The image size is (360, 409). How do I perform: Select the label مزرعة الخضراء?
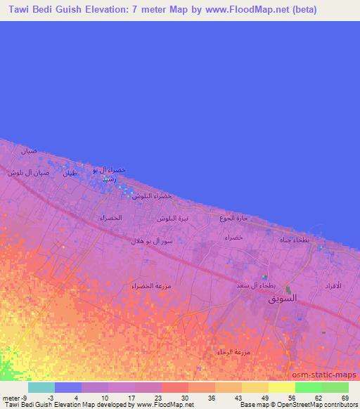pyautogui.click(x=151, y=286)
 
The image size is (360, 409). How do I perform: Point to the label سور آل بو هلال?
pyautogui.click(x=150, y=241)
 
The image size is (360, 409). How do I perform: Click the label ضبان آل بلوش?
pyautogui.click(x=29, y=173)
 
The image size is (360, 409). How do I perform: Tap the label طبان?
pyautogui.click(x=69, y=173)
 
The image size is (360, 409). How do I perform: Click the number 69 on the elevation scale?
pyautogui.click(x=345, y=398)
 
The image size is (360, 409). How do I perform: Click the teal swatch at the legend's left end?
pyautogui.click(x=41, y=387)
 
